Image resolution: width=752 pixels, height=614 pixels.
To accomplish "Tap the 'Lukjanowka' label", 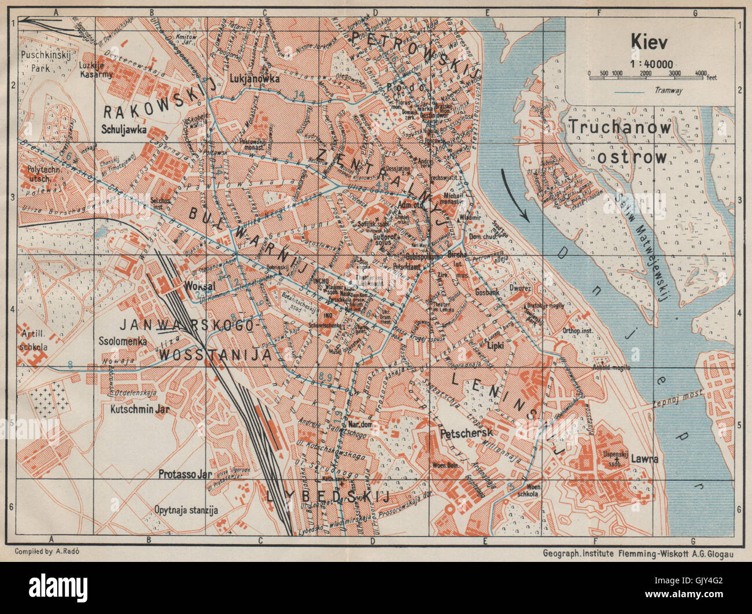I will click(x=254, y=78).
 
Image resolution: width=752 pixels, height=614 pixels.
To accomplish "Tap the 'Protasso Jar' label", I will click(x=185, y=473).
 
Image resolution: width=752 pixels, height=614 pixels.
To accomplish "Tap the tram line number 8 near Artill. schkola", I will click(x=70, y=364).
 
